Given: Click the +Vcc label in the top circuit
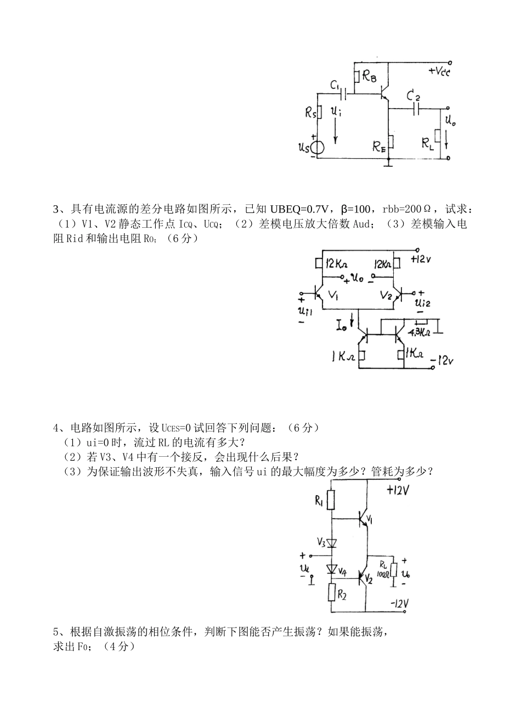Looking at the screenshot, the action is [439, 71].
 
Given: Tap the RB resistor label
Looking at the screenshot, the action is [369, 78].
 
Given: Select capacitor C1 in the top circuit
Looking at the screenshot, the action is [345, 94].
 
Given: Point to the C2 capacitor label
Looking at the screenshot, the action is [414, 97].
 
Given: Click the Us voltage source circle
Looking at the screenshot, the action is [318, 147].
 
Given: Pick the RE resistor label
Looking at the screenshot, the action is [379, 146].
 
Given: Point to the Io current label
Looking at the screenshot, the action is [342, 326].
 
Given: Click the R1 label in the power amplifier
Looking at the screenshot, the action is [319, 501].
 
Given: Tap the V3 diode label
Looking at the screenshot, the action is [321, 542].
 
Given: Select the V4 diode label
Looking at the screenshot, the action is [342, 571].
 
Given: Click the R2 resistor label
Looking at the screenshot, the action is [342, 594].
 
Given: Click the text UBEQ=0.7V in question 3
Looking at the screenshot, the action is [298, 209].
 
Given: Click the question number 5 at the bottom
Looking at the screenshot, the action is [55, 632].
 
